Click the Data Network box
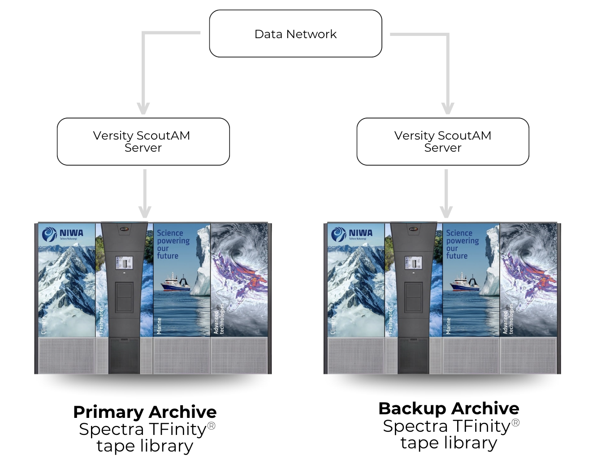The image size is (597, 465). (x=295, y=34)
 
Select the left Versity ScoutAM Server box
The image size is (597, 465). (x=143, y=141)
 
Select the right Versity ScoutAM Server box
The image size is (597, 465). (x=442, y=141)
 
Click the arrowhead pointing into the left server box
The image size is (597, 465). (x=143, y=108)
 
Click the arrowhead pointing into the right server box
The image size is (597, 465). (x=447, y=108)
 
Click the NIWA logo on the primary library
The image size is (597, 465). (x=62, y=234)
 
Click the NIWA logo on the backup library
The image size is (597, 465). (x=351, y=234)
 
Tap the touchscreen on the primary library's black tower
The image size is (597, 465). (x=124, y=263)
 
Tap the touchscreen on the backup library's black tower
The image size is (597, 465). (x=413, y=263)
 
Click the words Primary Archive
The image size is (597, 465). (x=145, y=412)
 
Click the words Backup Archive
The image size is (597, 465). (x=449, y=408)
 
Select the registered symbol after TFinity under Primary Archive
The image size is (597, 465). (x=211, y=426)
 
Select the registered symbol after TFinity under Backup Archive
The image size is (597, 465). (x=515, y=422)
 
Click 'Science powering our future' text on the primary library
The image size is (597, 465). (x=173, y=244)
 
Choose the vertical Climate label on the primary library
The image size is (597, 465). (x=43, y=325)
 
